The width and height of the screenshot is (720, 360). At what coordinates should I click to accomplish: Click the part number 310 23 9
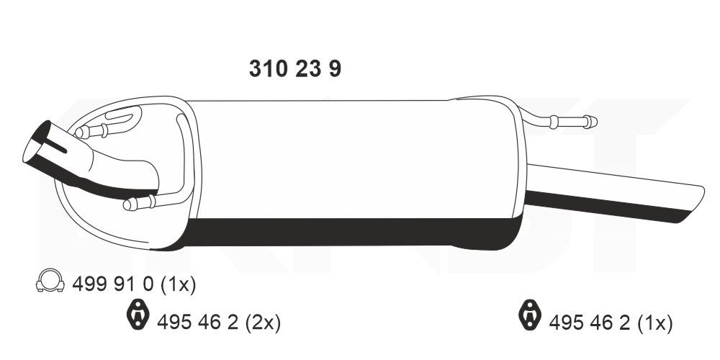295,69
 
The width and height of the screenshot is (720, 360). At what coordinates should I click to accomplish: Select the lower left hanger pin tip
129,205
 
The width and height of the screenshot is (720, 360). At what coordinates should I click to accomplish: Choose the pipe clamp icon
49,283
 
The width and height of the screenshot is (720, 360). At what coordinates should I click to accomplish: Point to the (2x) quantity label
264,321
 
